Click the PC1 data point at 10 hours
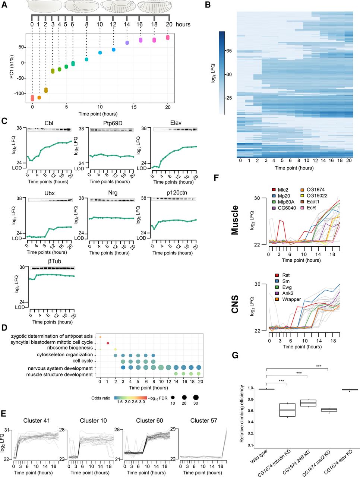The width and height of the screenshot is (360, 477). coord(100,53)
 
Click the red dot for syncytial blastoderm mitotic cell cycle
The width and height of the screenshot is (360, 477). coord(108,343)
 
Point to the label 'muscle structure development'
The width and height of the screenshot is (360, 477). coord(60,375)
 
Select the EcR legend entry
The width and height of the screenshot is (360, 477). coord(308,208)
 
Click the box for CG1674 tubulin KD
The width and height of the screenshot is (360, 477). coord(287,410)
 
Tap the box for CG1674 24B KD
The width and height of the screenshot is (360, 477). coord(308,403)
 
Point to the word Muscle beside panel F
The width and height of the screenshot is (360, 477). coord(235,220)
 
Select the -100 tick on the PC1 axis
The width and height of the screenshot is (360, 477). coord(19,94)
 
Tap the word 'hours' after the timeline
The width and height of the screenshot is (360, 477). coord(183,24)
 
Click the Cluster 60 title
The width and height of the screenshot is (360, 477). coord(149,421)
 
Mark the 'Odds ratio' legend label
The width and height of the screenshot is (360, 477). coord(101,398)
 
